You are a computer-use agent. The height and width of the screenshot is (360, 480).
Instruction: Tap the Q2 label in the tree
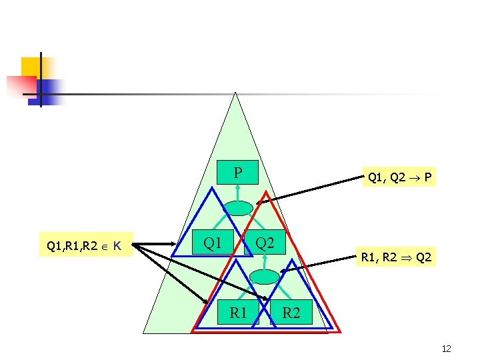tap(265, 243)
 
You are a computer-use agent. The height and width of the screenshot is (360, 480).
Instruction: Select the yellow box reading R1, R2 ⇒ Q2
tap(396, 256)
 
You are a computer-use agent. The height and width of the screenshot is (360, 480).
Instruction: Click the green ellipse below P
tap(238, 208)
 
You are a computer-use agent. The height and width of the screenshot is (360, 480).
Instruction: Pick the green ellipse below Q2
tap(265, 277)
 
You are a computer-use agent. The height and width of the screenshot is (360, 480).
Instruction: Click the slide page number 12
tap(446, 349)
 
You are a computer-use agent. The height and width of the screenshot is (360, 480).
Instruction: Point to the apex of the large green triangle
tap(235, 93)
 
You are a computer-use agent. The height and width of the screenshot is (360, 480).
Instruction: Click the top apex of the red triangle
tap(265, 192)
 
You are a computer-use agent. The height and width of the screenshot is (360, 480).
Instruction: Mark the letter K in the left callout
tap(117, 247)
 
